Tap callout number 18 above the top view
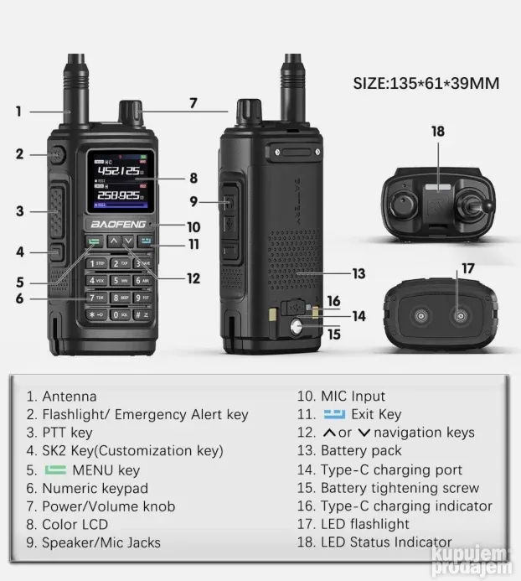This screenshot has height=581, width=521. (437, 132)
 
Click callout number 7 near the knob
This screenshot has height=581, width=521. (193, 104)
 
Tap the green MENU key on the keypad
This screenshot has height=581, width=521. (95, 242)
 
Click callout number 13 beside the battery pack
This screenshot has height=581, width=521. (359, 273)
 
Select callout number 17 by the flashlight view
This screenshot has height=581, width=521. (467, 269)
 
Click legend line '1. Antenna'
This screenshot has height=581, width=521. (61, 397)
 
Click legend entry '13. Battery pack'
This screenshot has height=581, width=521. (349, 451)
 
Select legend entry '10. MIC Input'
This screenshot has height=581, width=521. (341, 397)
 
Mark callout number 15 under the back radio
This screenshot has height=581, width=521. (333, 334)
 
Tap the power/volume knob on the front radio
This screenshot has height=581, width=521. (128, 112)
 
